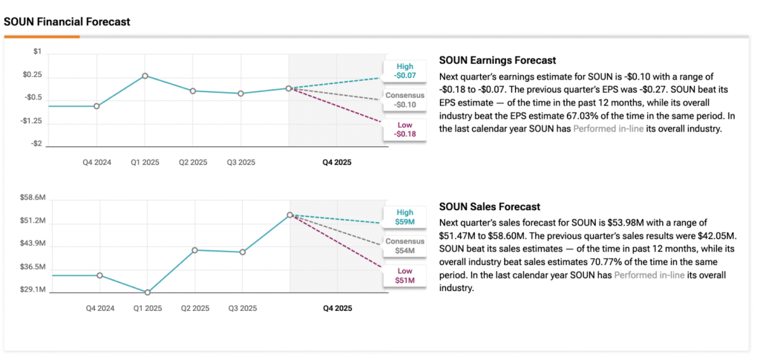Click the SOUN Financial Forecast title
tap(67, 22)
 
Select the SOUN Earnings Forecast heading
tap(497, 61)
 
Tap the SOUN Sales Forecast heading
tap(489, 206)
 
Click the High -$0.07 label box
tap(405, 71)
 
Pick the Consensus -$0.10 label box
tap(405, 100)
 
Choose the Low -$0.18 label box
tap(405, 129)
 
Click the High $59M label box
tap(405, 217)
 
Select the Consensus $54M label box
tap(405, 246)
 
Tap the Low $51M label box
tap(405, 275)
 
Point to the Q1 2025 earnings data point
tap(145, 76)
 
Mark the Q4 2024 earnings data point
tap(96, 106)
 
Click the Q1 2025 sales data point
tap(148, 292)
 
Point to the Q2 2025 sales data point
tap(195, 250)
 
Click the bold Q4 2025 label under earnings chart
tap(338, 162)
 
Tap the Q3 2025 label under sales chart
tap(242, 307)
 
